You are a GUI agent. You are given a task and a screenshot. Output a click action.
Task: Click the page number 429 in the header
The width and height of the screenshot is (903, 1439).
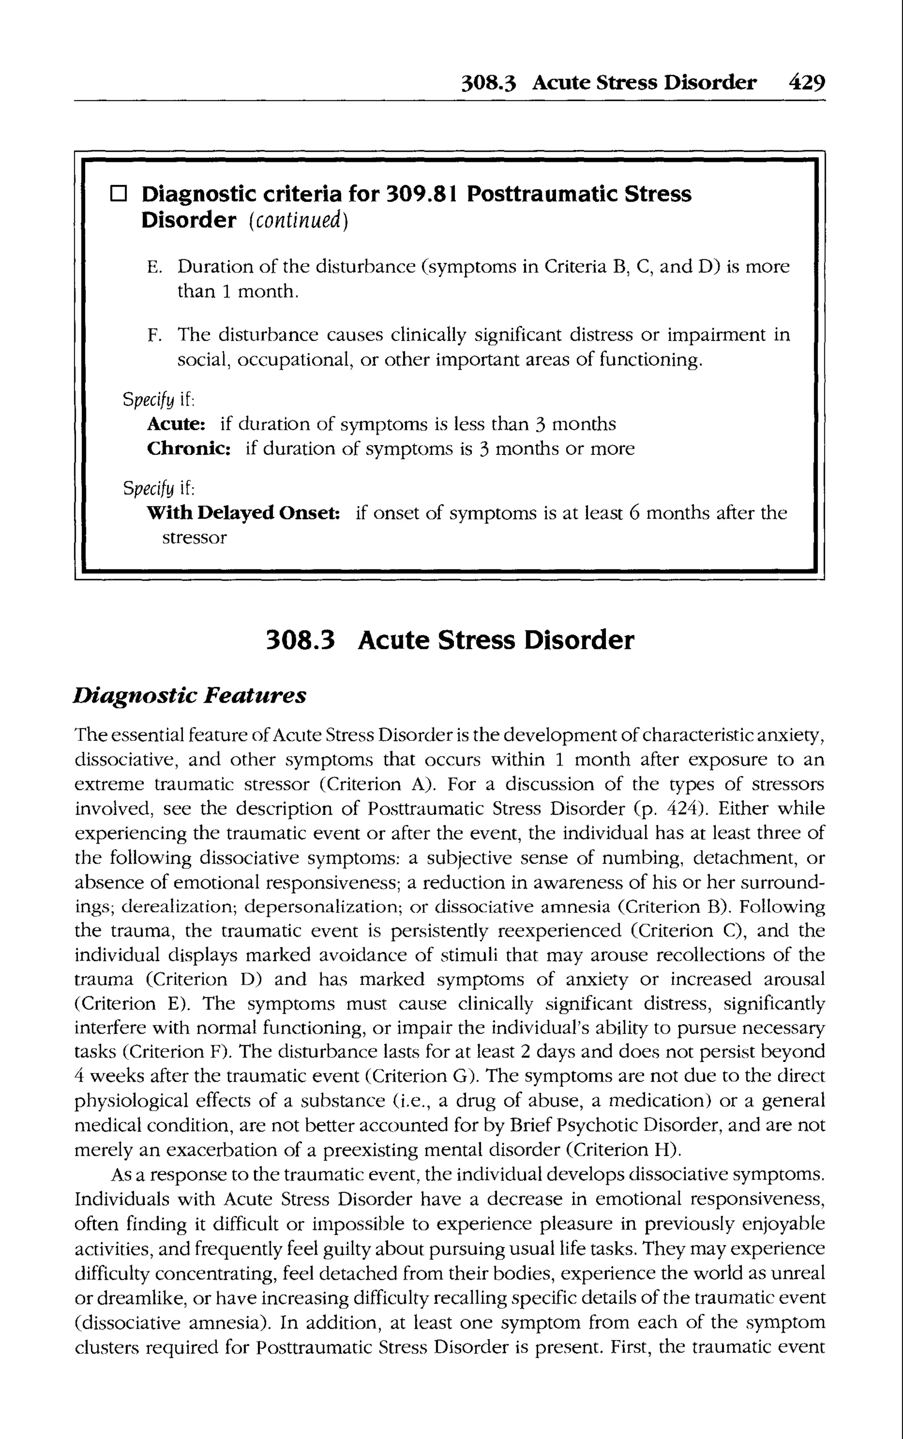[x=806, y=82]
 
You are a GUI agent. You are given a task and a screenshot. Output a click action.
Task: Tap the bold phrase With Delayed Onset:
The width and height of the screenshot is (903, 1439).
[x=244, y=513]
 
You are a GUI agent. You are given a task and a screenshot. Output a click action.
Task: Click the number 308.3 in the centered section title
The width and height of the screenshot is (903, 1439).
[x=300, y=641]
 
